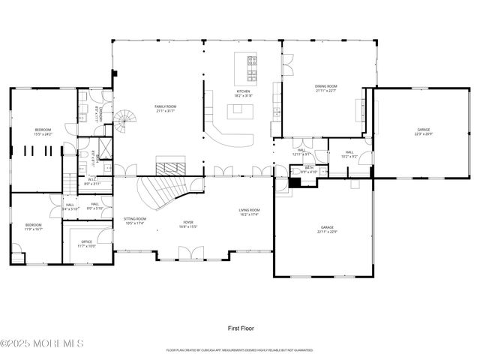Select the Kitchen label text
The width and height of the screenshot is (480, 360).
pos(243,93)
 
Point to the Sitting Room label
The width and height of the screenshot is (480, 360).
pos(136,220)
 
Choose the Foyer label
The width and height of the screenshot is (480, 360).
pos(187,224)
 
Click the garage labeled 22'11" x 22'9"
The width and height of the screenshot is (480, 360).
pos(327,229)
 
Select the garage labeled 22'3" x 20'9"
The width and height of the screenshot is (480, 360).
pos(424,132)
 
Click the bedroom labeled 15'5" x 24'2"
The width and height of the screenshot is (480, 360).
pos(43,133)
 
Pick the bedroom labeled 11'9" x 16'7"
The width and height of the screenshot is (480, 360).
pos(34,227)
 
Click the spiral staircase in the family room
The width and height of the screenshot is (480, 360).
pos(125,120)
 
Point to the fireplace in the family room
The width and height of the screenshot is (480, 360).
pos(169,165)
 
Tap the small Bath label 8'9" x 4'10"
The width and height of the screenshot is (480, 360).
pos(309,169)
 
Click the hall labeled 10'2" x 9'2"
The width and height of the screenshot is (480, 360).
pos(349,154)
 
